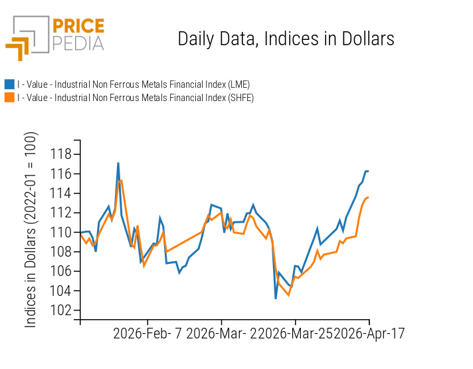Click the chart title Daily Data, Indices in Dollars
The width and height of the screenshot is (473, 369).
pos(286,39)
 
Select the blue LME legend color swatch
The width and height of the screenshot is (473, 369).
pos(9,84)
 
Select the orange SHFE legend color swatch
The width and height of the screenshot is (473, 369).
pos(9,98)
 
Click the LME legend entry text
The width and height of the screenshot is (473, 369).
pos(134,84)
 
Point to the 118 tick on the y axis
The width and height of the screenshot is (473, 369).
pos(61,154)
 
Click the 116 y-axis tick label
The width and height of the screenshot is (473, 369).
pos(61,174)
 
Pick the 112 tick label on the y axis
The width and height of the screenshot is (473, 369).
pos(61,213)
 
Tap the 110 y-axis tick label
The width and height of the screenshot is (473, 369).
pos(61,233)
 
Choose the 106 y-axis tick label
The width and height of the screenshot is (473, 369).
pos(61,271)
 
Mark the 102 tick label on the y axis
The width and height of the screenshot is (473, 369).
pos(61,310)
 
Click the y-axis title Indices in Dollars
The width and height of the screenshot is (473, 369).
pos(31,229)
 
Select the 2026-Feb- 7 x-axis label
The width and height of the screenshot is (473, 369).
pos(148,333)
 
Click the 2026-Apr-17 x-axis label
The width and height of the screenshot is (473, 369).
pos(369,333)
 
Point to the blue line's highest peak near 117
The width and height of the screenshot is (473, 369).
pos(118,163)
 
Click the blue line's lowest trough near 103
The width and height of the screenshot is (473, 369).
pos(276,298)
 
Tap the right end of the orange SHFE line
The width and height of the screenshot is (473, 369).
pos(369,197)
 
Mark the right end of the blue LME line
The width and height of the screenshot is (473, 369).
pos(369,171)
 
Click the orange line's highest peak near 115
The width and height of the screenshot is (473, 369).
pos(121,180)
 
